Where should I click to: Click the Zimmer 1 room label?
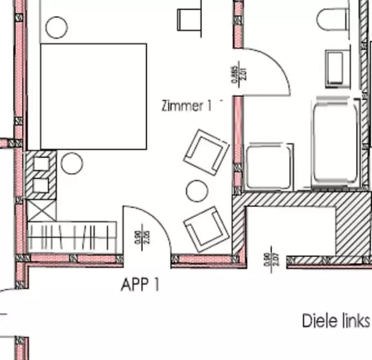coord(186,106)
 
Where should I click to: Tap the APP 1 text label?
coord(140,284)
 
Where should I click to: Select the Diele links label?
coord(336,320)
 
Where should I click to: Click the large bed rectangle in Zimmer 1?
coord(93,96)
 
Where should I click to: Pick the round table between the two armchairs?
coord(195,190)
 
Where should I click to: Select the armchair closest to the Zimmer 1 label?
coord(206,152)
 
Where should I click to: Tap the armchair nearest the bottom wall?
coord(205,228)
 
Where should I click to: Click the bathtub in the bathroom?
coord(335,143)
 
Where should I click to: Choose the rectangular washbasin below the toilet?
coord(336,68)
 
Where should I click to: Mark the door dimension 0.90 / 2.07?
coord(270,256)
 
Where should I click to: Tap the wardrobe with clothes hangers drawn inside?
coord(72,237)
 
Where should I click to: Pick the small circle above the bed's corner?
coord(56,28)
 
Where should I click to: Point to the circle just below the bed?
coord(72,164)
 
